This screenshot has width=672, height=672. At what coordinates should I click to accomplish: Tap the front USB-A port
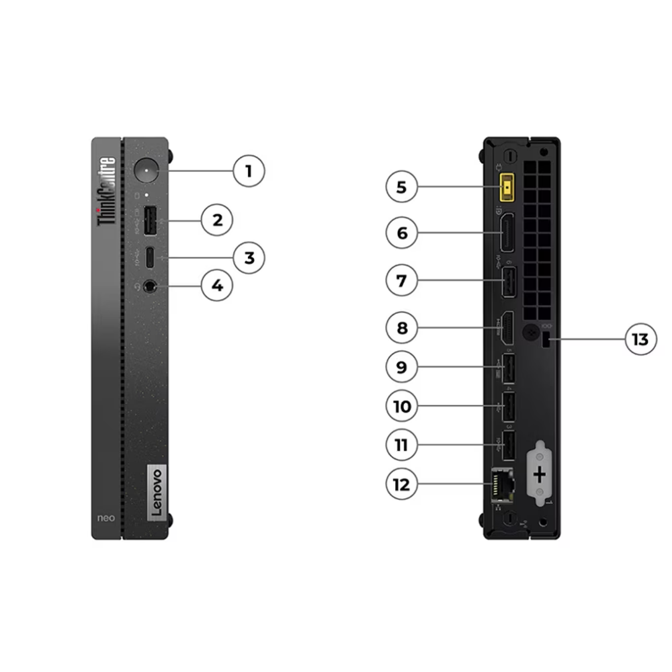tap(149, 220)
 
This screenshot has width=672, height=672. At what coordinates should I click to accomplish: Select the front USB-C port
tap(149, 258)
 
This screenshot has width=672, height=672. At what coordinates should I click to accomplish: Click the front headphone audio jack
tap(149, 286)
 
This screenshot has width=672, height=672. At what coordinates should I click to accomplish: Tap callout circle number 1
tap(249, 171)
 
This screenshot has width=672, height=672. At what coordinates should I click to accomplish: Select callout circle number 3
tap(249, 257)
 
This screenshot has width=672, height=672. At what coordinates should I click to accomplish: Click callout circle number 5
tap(402, 187)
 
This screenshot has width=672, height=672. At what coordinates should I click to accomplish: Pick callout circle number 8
tap(402, 328)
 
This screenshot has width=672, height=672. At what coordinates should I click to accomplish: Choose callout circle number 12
tap(402, 484)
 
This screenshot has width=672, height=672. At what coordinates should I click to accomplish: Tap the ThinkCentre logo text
tap(106, 191)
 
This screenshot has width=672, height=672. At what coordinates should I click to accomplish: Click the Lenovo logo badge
tap(156, 493)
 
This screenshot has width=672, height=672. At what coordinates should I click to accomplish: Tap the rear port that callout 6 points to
tap(508, 233)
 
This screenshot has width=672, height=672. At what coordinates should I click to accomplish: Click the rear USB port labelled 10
tap(508, 407)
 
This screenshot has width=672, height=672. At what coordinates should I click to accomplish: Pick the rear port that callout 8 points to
tap(508, 328)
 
